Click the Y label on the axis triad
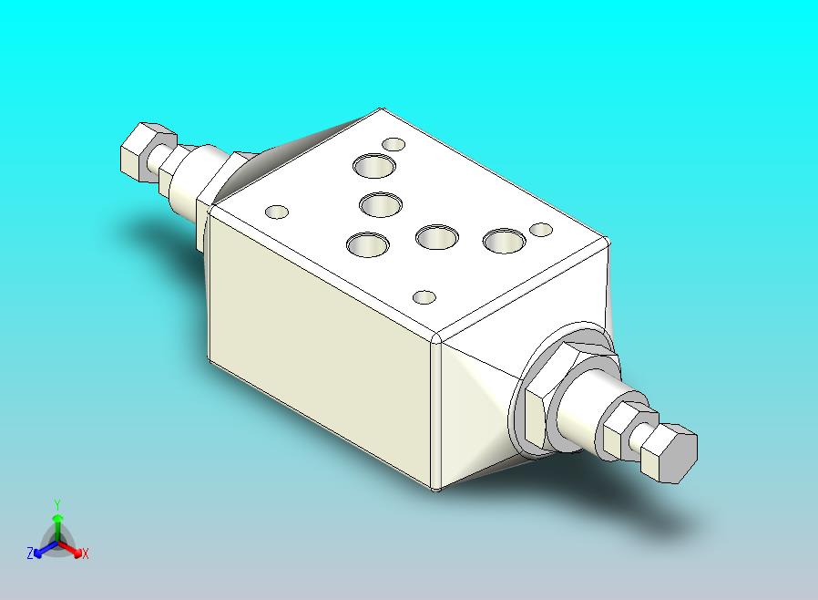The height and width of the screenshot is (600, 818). [58, 505]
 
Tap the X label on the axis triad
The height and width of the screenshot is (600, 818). [86, 553]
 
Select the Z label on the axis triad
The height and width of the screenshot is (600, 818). [30, 553]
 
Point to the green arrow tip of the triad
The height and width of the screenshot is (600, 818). [58, 518]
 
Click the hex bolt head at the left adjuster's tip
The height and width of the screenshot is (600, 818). [141, 152]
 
